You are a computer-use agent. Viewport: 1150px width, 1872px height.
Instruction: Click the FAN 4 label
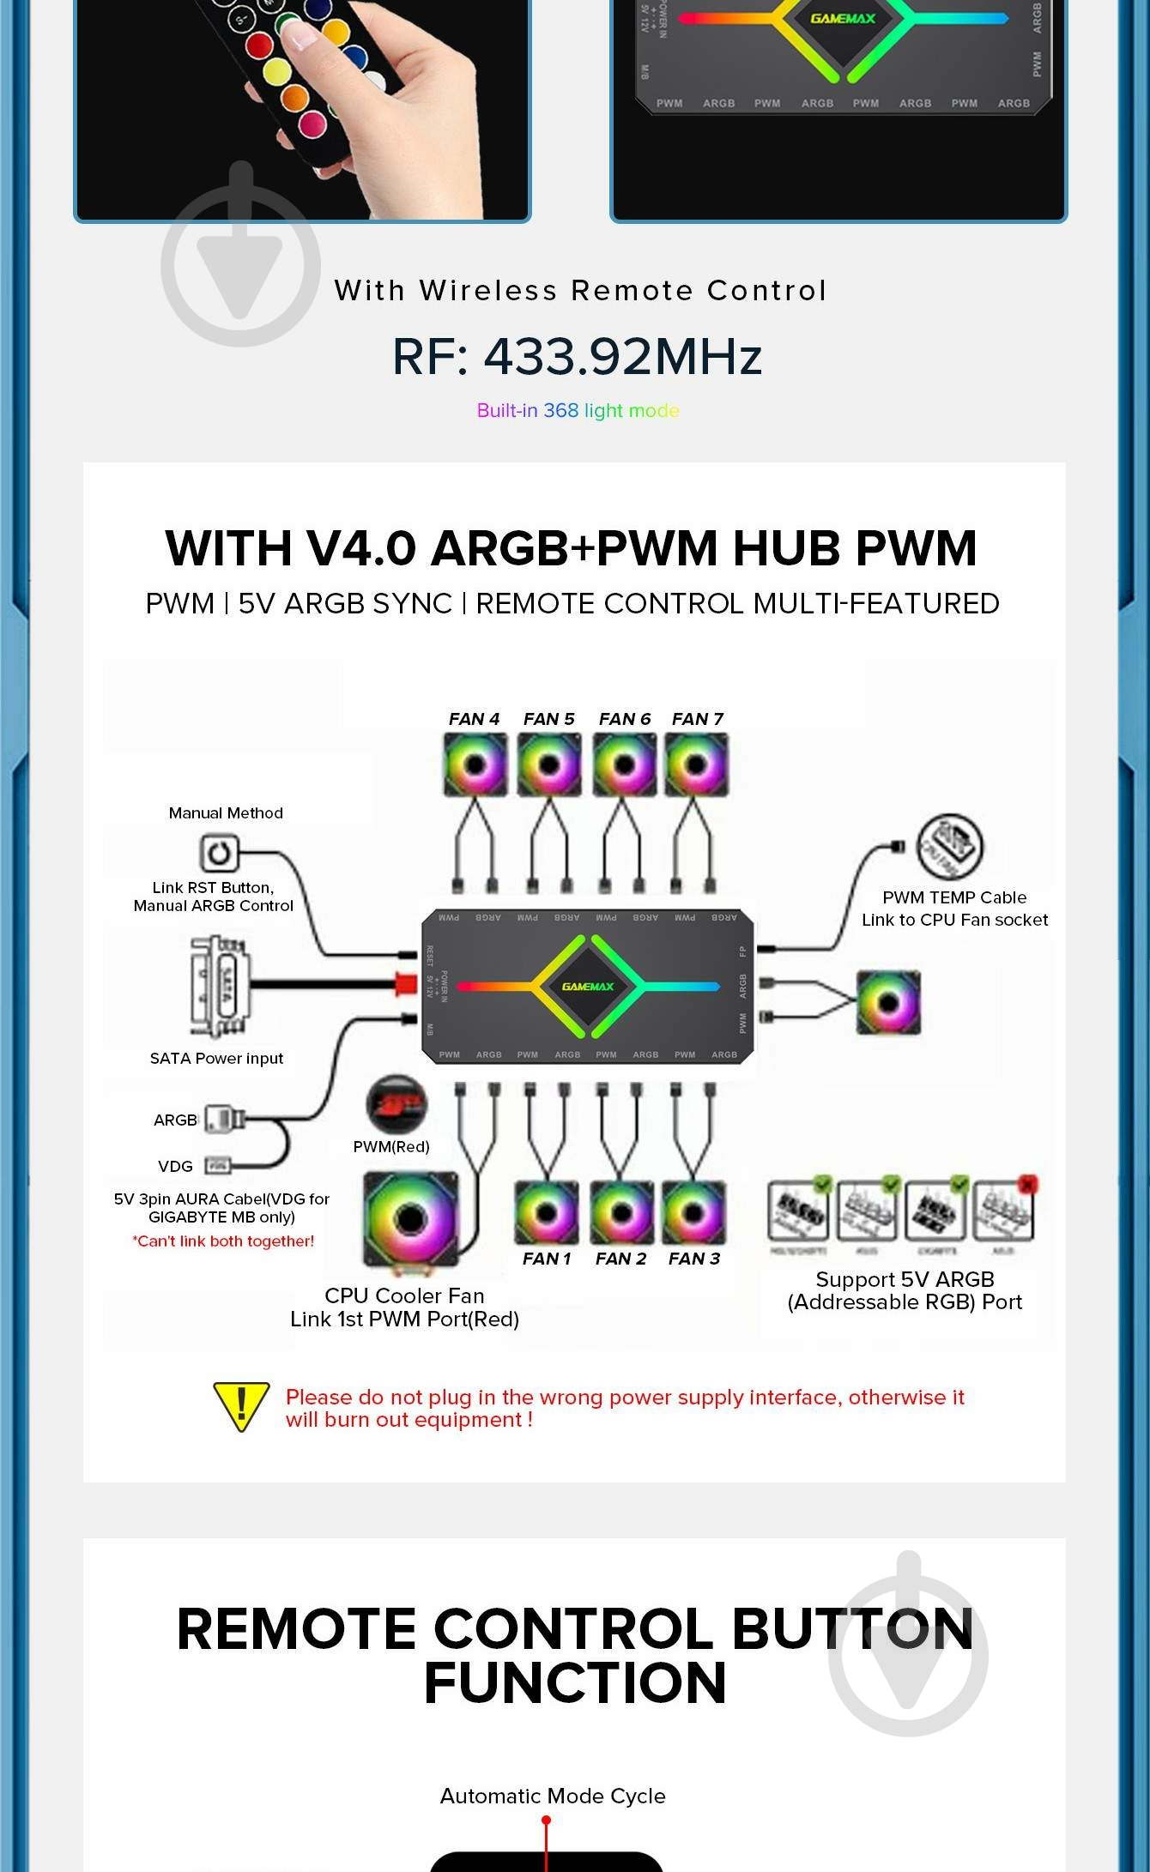pyautogui.click(x=474, y=719)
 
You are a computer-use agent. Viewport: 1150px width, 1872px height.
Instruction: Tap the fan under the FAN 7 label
pyautogui.click(x=696, y=764)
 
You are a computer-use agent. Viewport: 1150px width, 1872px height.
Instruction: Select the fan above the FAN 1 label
pyautogui.click(x=546, y=1212)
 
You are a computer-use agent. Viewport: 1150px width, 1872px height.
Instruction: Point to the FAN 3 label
pyautogui.click(x=694, y=1259)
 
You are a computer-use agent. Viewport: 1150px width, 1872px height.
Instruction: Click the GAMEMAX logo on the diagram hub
pyautogui.click(x=588, y=987)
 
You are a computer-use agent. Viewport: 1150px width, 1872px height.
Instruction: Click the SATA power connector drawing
pyautogui.click(x=220, y=987)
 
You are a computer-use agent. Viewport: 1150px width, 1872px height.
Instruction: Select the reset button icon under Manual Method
pyautogui.click(x=218, y=853)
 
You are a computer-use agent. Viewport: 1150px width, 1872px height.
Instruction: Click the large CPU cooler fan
pyautogui.click(x=410, y=1219)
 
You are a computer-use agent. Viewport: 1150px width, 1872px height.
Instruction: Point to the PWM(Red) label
pyautogui.click(x=391, y=1147)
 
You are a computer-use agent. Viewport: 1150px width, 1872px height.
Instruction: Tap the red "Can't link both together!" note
pyautogui.click(x=223, y=1241)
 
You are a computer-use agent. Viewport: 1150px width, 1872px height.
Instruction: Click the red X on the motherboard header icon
pyautogui.click(x=1026, y=1185)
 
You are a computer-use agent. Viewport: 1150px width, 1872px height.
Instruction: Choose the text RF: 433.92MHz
pyautogui.click(x=577, y=357)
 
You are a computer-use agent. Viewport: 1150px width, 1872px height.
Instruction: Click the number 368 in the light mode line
pyautogui.click(x=560, y=411)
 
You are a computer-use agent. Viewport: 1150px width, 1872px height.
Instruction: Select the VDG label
pyautogui.click(x=175, y=1167)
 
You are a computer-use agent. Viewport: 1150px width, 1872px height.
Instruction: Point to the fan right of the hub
pyautogui.click(x=888, y=1002)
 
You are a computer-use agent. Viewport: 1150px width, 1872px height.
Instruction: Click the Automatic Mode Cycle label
pyautogui.click(x=553, y=1796)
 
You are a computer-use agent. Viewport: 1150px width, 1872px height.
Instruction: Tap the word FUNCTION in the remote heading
pyautogui.click(x=575, y=1682)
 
